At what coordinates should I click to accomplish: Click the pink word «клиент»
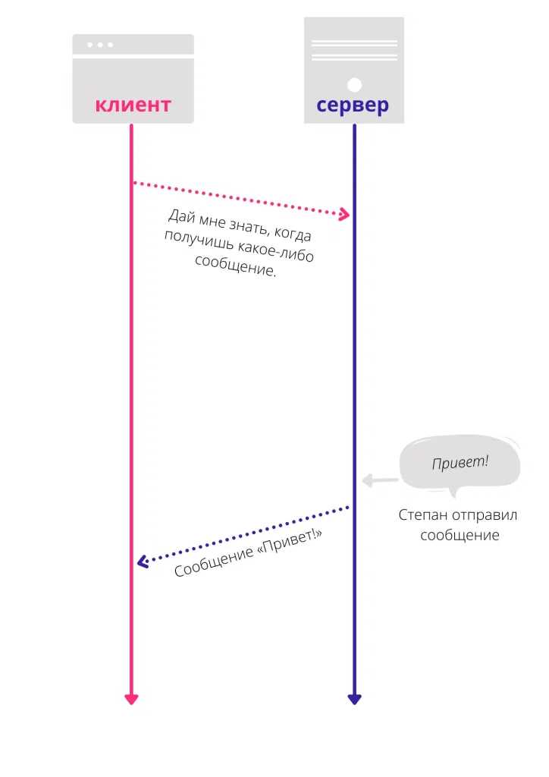point(133,105)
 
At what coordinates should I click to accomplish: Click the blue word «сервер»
point(353,105)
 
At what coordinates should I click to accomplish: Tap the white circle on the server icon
point(354,85)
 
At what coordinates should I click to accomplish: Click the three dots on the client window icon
point(100,45)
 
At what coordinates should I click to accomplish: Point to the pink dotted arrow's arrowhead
point(344,214)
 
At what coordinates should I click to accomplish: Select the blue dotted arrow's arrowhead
point(143,562)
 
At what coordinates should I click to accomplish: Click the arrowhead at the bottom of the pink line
point(131,699)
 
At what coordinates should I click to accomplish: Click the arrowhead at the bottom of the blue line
point(354,699)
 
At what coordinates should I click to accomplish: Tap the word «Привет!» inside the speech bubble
point(460,462)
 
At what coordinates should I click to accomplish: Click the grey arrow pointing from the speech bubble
point(380,480)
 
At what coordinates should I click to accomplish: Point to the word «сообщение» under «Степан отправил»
point(460,535)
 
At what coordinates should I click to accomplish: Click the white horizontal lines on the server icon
point(354,51)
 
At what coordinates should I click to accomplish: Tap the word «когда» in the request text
point(293,233)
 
